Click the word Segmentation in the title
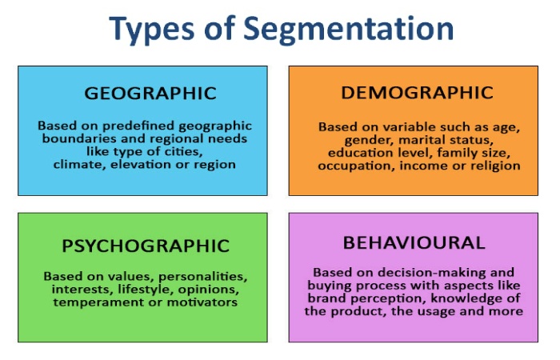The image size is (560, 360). coord(348,30)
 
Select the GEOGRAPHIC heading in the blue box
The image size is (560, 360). coord(150,94)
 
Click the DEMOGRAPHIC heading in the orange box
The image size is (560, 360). coord(417,93)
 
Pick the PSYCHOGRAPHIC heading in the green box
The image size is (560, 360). coord(146,246)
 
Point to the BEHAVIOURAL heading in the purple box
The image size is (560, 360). coord(414,243)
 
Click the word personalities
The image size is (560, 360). coord(203,277)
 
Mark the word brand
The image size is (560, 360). coord(326,298)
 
